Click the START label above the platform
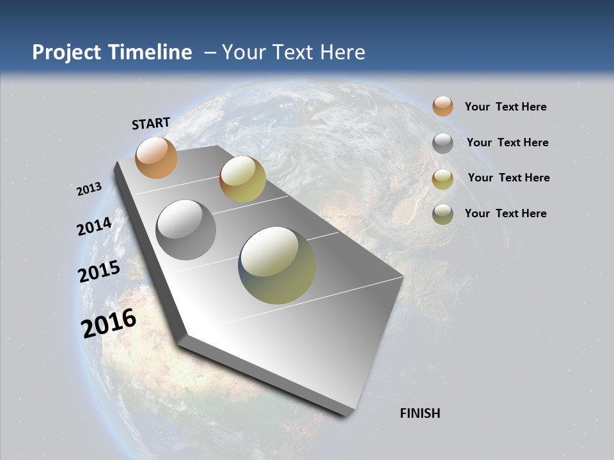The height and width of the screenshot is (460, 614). [x=151, y=123]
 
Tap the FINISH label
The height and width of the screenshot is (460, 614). [x=420, y=413]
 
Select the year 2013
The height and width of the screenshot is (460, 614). [x=90, y=189]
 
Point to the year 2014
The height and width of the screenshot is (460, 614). [x=95, y=226]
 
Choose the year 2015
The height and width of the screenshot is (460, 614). [x=99, y=272]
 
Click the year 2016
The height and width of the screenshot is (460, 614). [x=109, y=323]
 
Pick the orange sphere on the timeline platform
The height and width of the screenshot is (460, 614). [x=156, y=157]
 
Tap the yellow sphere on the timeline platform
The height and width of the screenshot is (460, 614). [x=242, y=179]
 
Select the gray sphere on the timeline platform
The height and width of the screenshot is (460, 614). [x=185, y=230]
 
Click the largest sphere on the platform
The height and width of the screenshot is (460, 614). [x=277, y=265]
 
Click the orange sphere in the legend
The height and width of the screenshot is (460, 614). [x=443, y=107]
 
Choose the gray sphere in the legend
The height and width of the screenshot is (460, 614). [x=443, y=143]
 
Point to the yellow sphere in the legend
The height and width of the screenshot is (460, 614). [x=443, y=179]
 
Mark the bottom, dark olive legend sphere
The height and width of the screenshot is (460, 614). [x=443, y=214]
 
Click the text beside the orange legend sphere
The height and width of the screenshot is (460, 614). [x=505, y=107]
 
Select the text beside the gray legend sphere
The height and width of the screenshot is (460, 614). [x=507, y=142]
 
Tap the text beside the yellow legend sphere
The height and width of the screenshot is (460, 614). [x=508, y=178]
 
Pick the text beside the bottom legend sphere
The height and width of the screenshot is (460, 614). [x=505, y=213]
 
